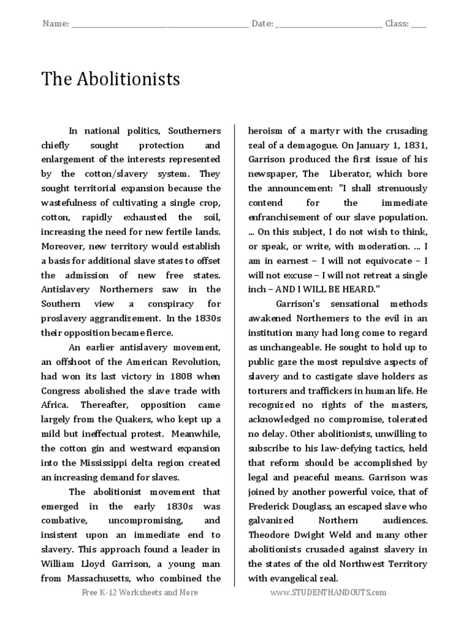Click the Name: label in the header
56,24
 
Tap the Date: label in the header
263,24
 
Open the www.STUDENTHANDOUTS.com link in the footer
329,593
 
